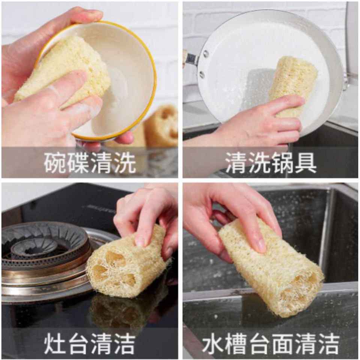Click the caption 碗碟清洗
pyautogui.click(x=90, y=162)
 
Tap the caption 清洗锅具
pyautogui.click(x=271, y=162)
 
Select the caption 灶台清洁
pyautogui.click(x=90, y=343)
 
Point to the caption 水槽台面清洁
pyautogui.click(x=271, y=343)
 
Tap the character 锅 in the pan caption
pyautogui.click(x=282, y=162)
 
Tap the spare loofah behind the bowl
pyautogui.click(x=161, y=126)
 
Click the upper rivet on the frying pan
pyautogui.click(x=205, y=54)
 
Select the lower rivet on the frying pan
pyautogui.click(x=202, y=74)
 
